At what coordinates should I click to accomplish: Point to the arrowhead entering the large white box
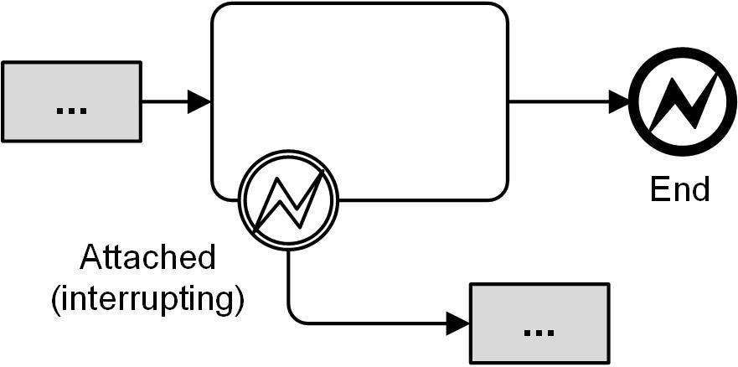tap(199, 102)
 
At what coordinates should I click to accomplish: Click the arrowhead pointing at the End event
tap(619, 102)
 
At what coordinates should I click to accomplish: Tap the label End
tap(679, 189)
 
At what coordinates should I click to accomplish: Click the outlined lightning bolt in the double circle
tap(288, 202)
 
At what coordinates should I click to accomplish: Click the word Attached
tap(147, 258)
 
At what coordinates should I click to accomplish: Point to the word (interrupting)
tap(147, 298)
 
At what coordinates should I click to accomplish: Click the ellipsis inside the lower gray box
tap(539, 331)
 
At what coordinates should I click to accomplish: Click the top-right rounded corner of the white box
tap(501, 11)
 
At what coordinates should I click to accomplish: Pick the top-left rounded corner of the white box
tap(219, 11)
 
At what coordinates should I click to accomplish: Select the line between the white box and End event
tap(561, 102)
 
